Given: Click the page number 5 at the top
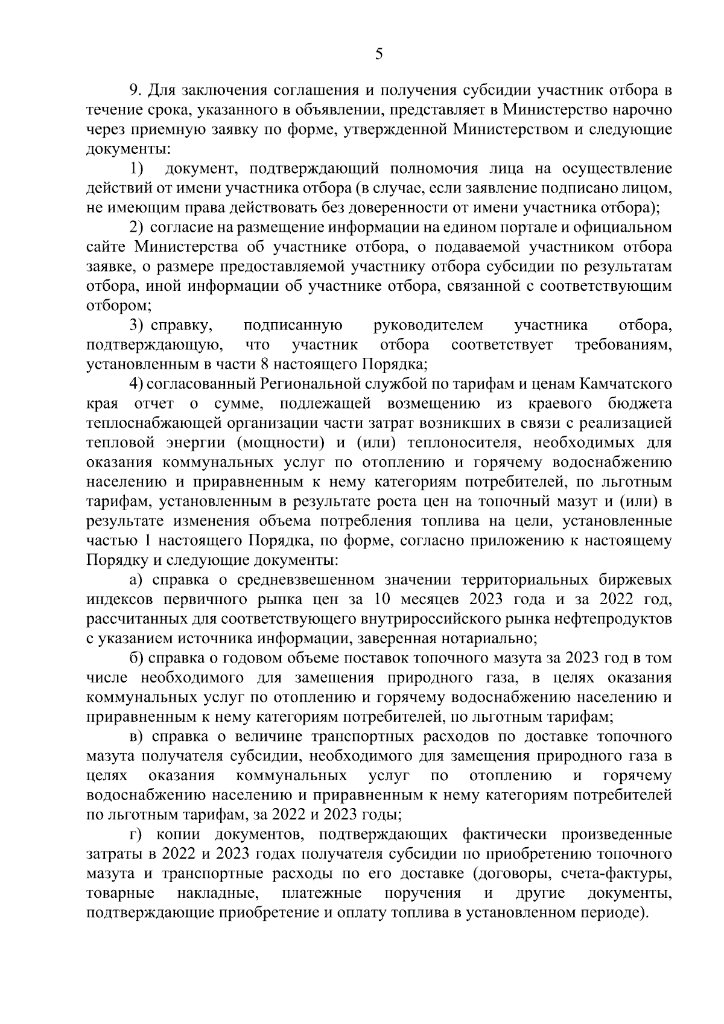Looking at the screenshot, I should pos(379,55).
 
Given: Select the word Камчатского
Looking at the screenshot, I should pos(626,384).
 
